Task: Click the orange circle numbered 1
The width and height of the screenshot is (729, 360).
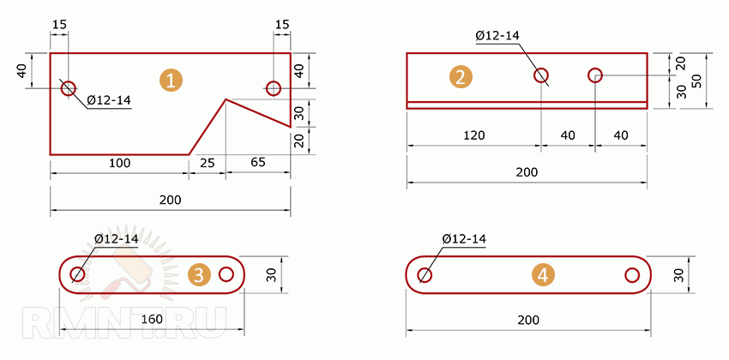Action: click(x=171, y=81)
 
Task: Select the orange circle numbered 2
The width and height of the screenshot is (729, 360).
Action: click(x=461, y=77)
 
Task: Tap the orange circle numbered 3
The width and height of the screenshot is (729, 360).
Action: click(x=199, y=275)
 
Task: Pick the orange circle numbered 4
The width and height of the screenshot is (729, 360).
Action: click(x=543, y=275)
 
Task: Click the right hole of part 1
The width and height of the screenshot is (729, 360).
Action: click(x=274, y=87)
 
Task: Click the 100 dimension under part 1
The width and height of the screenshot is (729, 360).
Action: click(x=119, y=163)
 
